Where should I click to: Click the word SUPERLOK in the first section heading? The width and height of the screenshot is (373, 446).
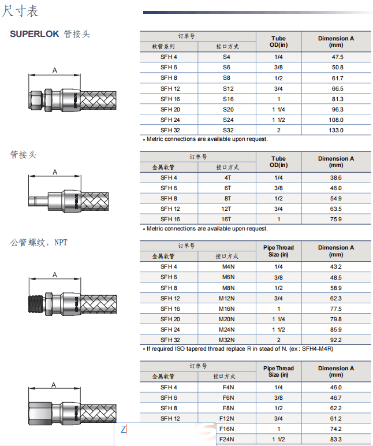pyautogui.click(x=34, y=34)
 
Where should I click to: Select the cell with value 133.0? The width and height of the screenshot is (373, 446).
pyautogui.click(x=335, y=130)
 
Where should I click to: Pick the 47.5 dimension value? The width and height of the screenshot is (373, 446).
pyautogui.click(x=335, y=57)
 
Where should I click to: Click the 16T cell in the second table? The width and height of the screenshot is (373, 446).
pyautogui.click(x=227, y=219)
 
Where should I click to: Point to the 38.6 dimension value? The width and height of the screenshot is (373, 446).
pyautogui.click(x=335, y=177)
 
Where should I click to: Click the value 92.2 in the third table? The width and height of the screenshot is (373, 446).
pyautogui.click(x=335, y=340)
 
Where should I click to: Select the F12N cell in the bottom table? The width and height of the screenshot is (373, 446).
pyautogui.click(x=227, y=418)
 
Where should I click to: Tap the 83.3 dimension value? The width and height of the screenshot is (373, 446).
pyautogui.click(x=335, y=439)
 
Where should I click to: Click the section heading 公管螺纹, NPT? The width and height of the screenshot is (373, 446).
pyautogui.click(x=39, y=243)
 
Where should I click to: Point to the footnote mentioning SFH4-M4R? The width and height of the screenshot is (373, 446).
pyautogui.click(x=240, y=349)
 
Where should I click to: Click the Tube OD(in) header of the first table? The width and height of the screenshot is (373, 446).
pyautogui.click(x=278, y=42)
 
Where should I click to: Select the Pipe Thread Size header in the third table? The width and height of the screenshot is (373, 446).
pyautogui.click(x=278, y=251)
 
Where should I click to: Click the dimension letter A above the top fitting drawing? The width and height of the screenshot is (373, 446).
pyautogui.click(x=55, y=70)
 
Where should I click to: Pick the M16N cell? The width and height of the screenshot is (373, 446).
pyautogui.click(x=227, y=309)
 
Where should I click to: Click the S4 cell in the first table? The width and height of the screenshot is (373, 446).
pyautogui.click(x=227, y=57)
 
